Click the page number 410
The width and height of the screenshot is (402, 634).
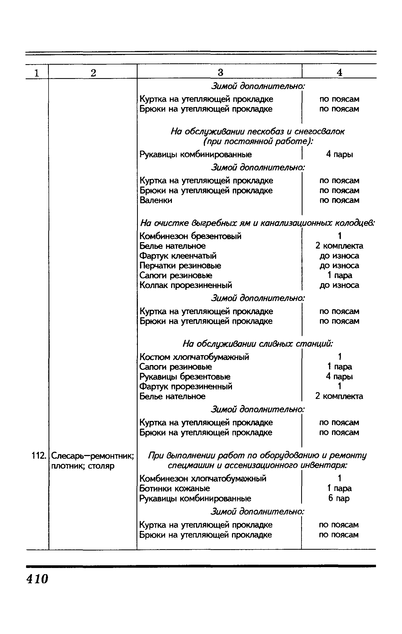tap(37, 579)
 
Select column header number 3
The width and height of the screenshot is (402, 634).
tap(220, 72)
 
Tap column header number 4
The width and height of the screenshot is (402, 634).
tap(339, 72)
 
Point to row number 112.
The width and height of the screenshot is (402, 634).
tap(37, 456)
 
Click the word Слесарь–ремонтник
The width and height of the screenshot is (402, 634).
tap(93, 456)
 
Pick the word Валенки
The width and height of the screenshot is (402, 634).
tap(156, 200)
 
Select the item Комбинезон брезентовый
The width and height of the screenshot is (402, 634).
tap(190, 236)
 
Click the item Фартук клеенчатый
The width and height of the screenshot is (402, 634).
tap(178, 256)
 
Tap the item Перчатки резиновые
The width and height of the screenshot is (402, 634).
tap(180, 266)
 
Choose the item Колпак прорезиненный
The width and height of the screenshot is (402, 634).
tap(186, 285)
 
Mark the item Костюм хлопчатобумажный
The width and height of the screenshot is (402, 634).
tap(194, 357)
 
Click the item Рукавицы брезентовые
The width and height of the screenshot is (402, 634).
tap(185, 377)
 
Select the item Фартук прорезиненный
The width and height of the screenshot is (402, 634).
tap(186, 387)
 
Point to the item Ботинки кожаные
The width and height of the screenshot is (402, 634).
tap(175, 488)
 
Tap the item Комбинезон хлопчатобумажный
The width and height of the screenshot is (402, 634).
tap(203, 478)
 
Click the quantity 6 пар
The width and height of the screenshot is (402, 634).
tap(339, 498)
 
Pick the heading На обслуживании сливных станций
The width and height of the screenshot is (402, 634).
tap(257, 344)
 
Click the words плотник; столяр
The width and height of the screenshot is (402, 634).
tap(83, 466)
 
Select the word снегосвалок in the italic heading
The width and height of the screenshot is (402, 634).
tap(319, 132)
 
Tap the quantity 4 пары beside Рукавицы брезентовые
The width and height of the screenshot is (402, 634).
tap(339, 377)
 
